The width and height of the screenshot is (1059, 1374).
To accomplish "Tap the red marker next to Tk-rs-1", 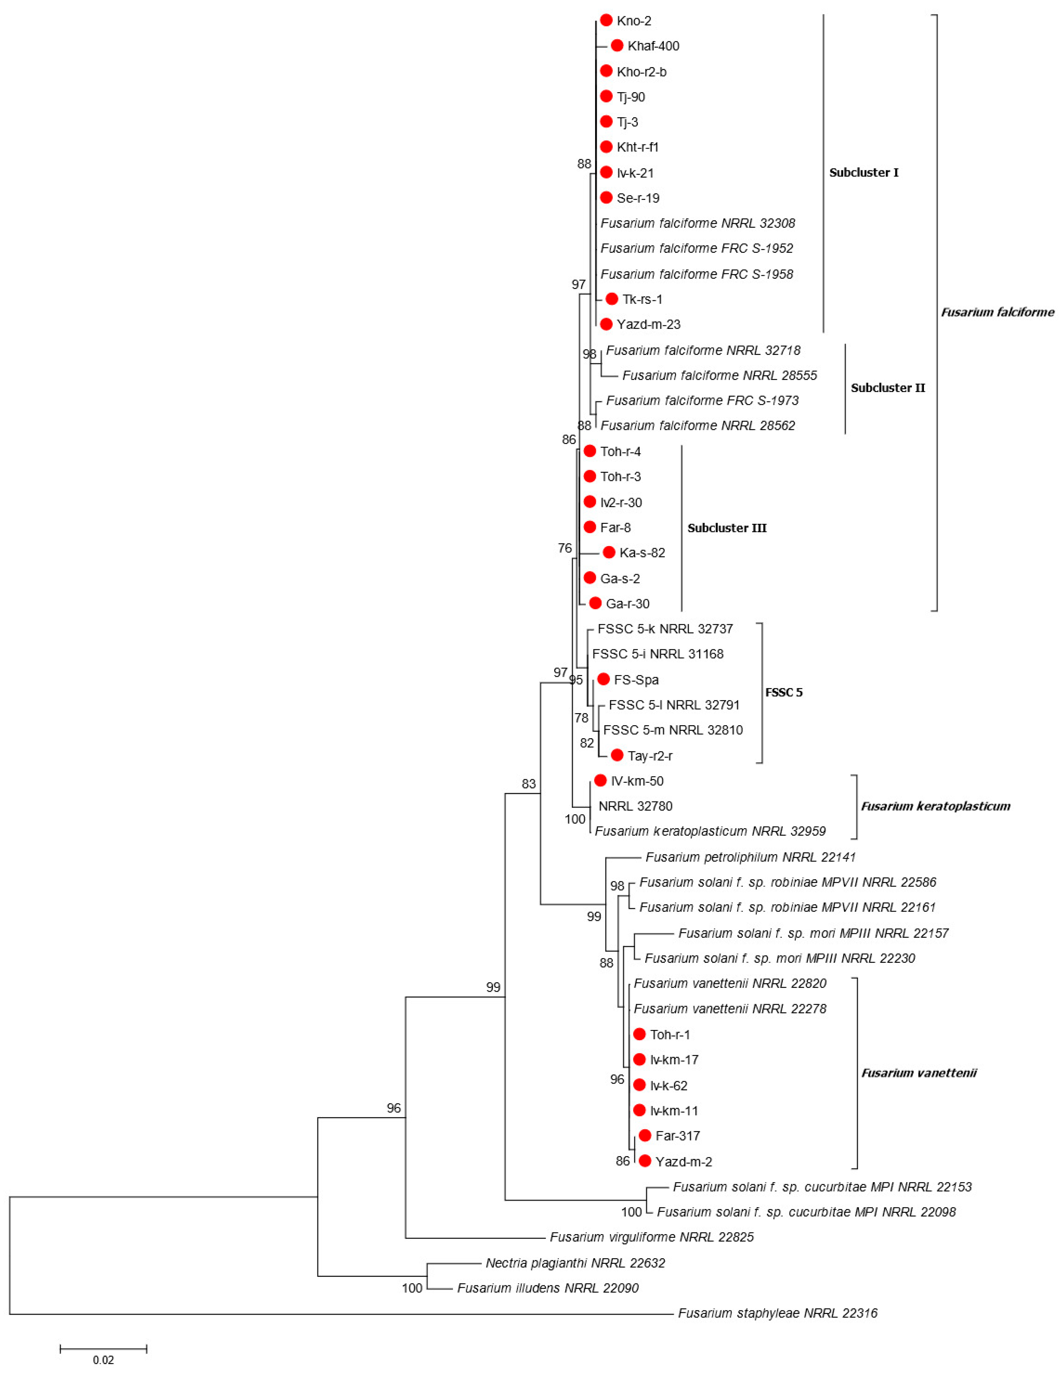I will pyautogui.click(x=611, y=299).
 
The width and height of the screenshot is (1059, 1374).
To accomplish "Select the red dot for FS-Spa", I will pyautogui.click(x=603, y=679).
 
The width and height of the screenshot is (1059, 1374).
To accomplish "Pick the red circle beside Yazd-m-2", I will pyautogui.click(x=645, y=1161).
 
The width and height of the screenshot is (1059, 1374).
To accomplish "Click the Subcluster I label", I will pyautogui.click(x=863, y=172).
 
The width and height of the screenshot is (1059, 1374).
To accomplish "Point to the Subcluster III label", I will pyautogui.click(x=727, y=528).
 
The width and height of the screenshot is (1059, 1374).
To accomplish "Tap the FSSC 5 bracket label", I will pyautogui.click(x=784, y=692).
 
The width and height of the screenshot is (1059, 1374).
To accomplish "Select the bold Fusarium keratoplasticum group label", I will pyautogui.click(x=935, y=806).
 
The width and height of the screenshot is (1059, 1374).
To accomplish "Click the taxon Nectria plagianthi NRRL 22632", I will pyautogui.click(x=575, y=1263).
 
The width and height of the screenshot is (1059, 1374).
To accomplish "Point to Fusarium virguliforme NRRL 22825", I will pyautogui.click(x=652, y=1237).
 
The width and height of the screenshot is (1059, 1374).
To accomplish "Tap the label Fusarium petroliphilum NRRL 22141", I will pyautogui.click(x=750, y=857).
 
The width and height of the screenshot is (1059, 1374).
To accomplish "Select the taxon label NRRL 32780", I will pyautogui.click(x=635, y=806).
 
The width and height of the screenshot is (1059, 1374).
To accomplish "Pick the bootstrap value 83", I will pyautogui.click(x=528, y=784).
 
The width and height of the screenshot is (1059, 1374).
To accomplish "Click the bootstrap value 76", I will pyautogui.click(x=565, y=548).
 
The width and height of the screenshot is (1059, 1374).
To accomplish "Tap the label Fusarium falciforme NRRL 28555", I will pyautogui.click(x=719, y=375).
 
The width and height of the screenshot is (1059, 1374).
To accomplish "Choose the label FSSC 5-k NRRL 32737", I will pyautogui.click(x=665, y=628).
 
